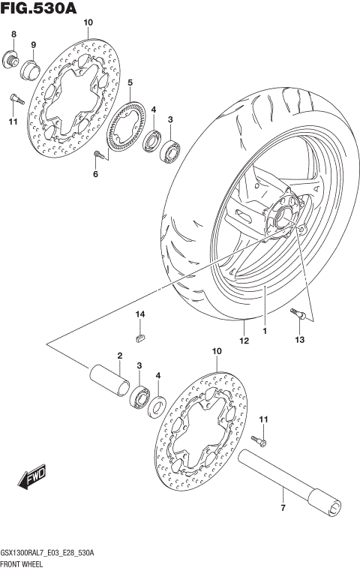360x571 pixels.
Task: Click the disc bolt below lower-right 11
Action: coord(259,438)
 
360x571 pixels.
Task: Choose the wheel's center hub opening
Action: coord(288,214)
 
